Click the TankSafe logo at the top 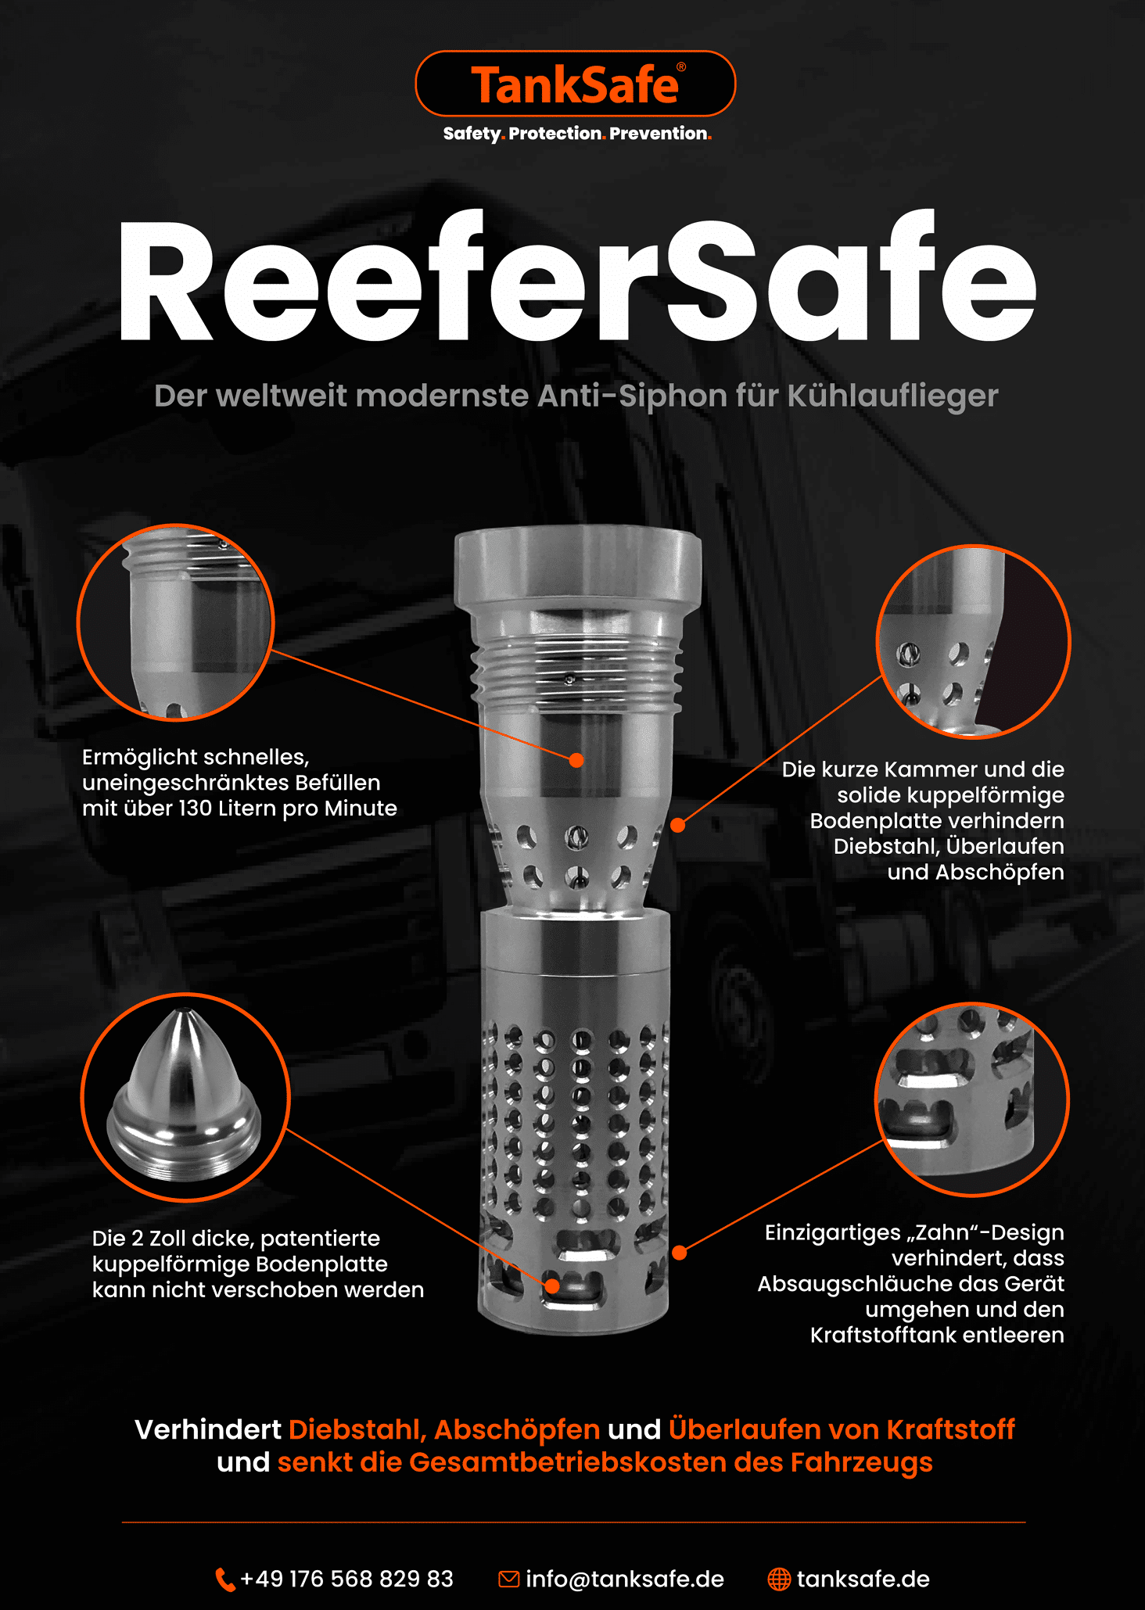[575, 84]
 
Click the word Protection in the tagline [555, 134]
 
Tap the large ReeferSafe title [577, 281]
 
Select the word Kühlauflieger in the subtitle [892, 396]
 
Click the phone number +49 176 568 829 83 [346, 1579]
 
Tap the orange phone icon [224, 1580]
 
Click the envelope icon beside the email [508, 1580]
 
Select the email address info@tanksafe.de [625, 1579]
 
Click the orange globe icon [779, 1580]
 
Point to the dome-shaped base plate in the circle [185, 1095]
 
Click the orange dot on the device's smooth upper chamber [576, 760]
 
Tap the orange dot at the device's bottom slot [552, 1285]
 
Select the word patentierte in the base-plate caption [320, 1239]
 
